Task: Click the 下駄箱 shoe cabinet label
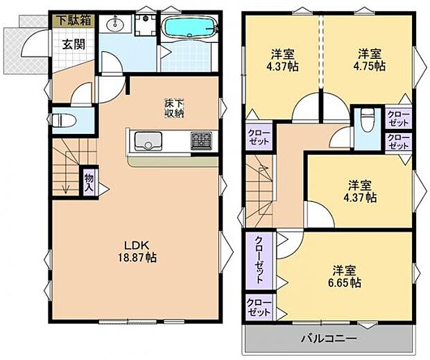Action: coord(74,21)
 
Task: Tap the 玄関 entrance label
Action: coord(74,44)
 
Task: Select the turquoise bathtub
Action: coord(189,27)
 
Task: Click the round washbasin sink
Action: coord(115,26)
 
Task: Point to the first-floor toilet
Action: coord(64,121)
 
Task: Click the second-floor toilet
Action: coord(367,120)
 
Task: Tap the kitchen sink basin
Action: coord(148,141)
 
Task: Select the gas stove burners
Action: coord(202,141)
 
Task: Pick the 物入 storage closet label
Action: coord(89,182)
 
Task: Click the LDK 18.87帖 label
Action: coord(137,251)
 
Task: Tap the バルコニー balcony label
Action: coord(329,338)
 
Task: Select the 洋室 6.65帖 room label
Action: coord(345,276)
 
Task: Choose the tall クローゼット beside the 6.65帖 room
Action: coord(259,261)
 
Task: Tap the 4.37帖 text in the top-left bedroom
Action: coord(282,67)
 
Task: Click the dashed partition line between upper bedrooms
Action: coord(320,51)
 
